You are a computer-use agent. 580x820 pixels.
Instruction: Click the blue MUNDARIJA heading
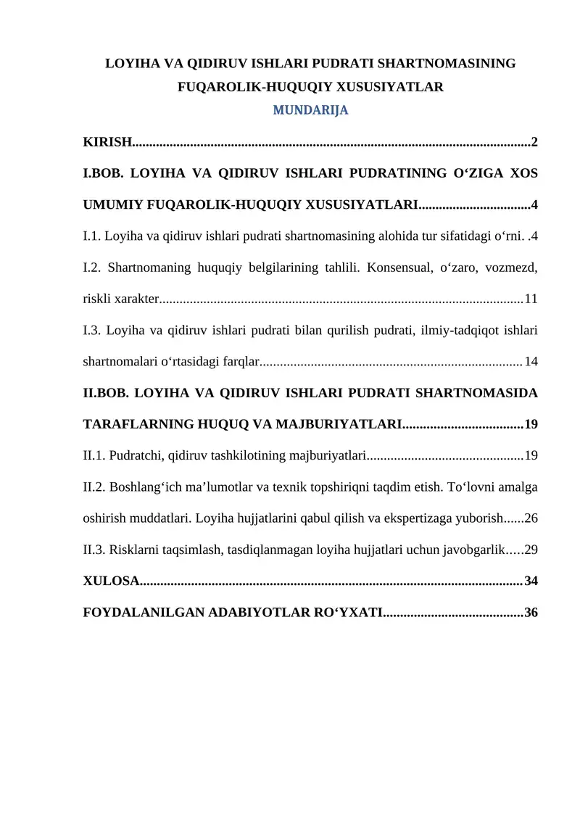(x=310, y=111)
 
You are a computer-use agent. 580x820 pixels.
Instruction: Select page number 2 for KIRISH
(x=534, y=141)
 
